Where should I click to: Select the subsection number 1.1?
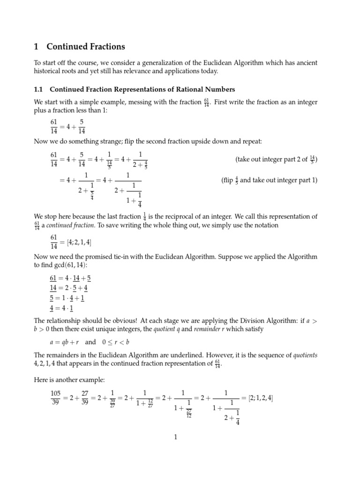(x=39, y=89)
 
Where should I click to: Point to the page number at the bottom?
(x=175, y=437)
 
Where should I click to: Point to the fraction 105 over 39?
(x=56, y=398)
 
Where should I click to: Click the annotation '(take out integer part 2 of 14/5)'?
(x=276, y=159)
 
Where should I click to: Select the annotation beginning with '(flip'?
(x=269, y=180)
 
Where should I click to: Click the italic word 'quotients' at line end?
(x=305, y=355)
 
